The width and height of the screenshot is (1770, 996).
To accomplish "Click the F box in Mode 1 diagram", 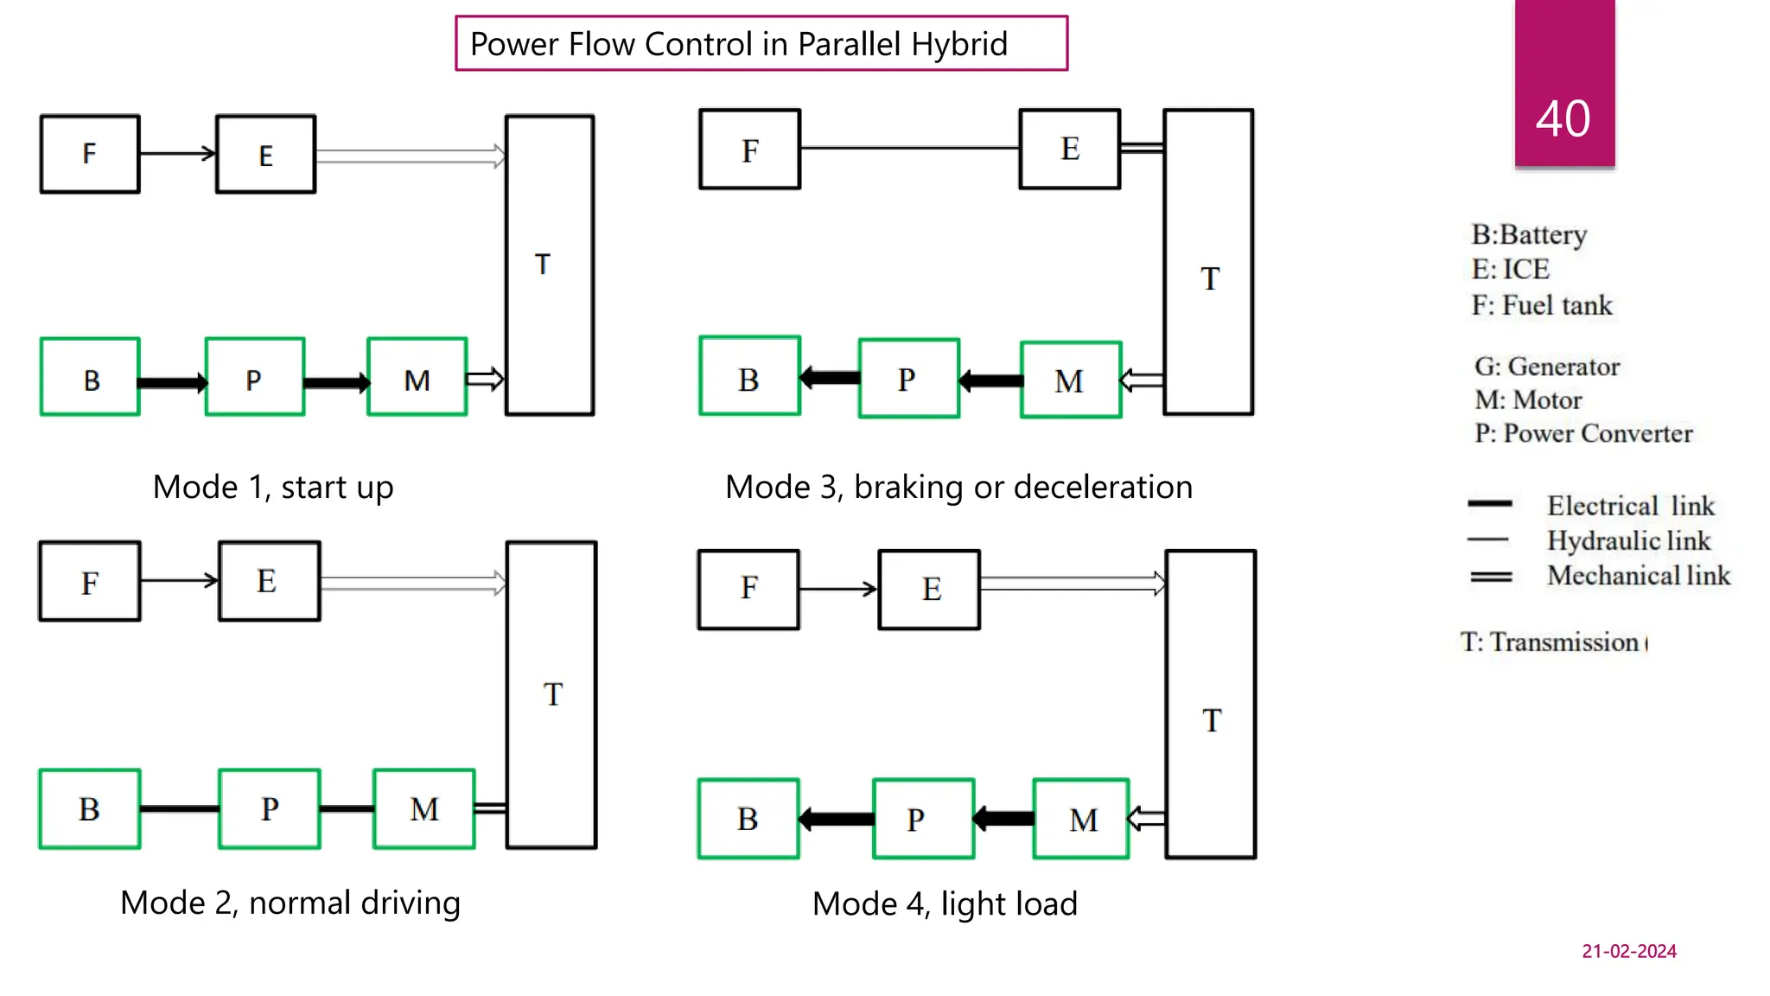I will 90,154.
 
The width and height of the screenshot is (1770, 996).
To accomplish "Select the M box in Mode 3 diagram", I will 1071,380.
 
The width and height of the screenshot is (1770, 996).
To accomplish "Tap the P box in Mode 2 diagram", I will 269,809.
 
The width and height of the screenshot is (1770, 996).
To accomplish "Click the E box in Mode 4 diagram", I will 929,590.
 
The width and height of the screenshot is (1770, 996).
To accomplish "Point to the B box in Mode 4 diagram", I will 748,819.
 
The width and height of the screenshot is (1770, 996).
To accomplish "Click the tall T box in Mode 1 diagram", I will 550,265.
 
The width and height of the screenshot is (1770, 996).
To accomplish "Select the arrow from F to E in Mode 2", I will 179,581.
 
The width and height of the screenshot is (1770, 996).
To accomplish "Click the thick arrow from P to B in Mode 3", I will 830,378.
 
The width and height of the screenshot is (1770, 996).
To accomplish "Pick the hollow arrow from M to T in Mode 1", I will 485,379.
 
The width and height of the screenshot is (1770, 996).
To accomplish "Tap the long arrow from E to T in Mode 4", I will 1072,584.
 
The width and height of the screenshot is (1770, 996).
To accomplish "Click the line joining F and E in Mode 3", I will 909,148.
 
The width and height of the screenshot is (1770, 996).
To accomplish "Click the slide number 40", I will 1563,118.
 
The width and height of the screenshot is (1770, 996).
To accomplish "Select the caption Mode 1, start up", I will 273,488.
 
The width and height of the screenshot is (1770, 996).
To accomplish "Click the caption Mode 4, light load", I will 945,904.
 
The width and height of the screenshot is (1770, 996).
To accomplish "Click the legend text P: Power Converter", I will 1583,433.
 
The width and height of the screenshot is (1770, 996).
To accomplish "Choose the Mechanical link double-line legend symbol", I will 1491,577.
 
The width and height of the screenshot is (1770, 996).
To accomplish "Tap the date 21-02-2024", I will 1628,951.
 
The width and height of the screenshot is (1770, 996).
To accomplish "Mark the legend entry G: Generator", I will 1547,367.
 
